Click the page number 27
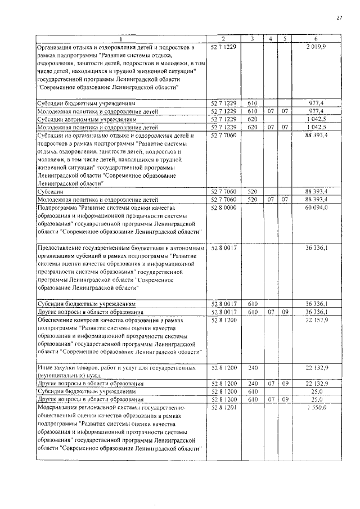pos(339,17)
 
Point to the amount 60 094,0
pos(317,208)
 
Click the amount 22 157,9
pos(317,320)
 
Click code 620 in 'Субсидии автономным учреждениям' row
pos(253,120)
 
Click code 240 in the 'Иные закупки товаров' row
pos(253,368)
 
